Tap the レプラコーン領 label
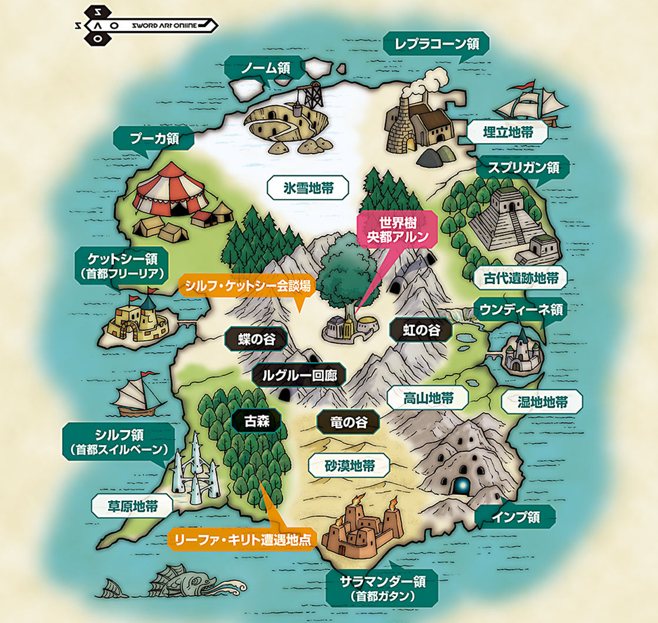tap(435, 45)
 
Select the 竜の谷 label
tap(348, 422)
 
